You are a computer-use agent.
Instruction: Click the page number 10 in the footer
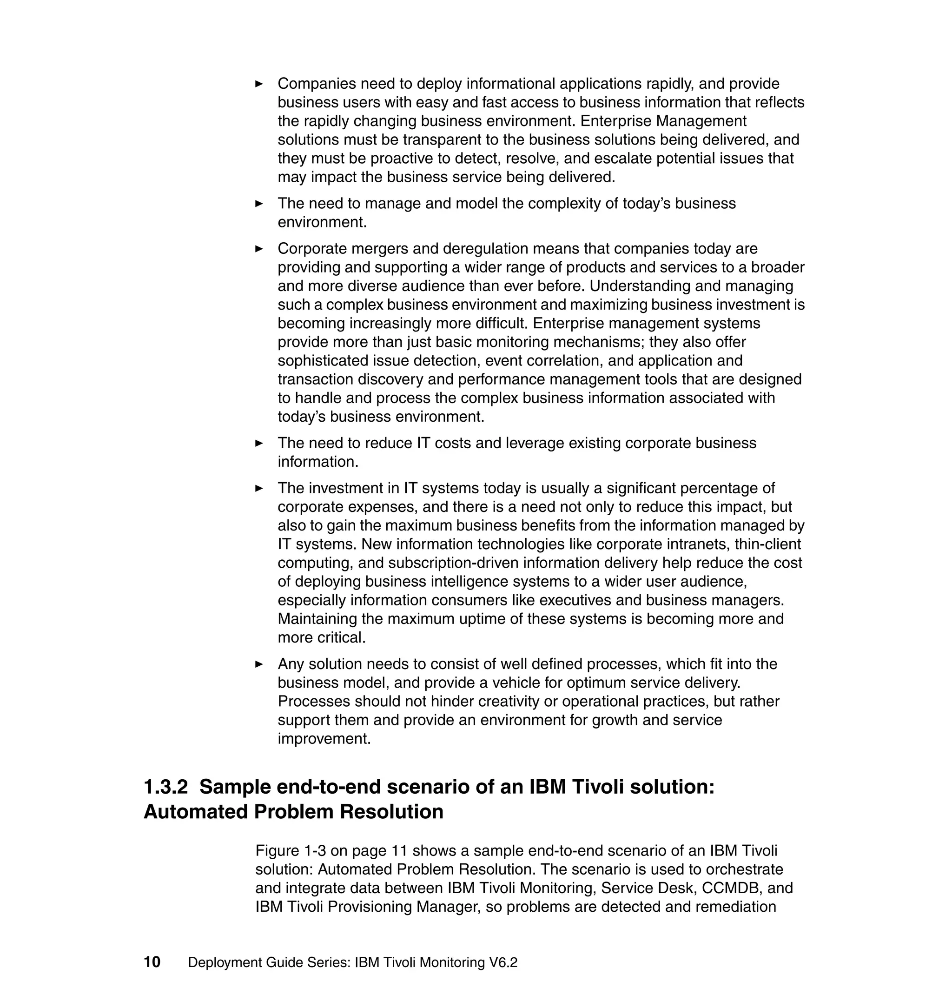point(152,962)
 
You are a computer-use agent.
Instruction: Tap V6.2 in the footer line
point(503,962)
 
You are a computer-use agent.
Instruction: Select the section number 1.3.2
point(165,787)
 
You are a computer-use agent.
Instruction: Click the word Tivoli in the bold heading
point(597,787)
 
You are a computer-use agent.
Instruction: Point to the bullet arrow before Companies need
point(259,84)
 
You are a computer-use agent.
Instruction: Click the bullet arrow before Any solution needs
point(259,664)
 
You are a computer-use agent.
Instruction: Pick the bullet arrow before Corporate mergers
point(259,249)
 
